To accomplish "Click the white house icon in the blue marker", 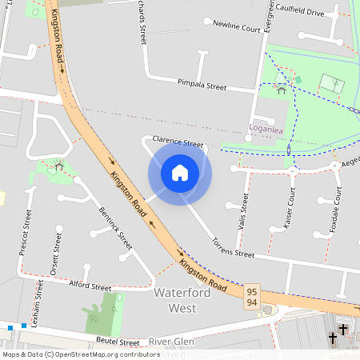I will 180,172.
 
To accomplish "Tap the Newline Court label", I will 237,26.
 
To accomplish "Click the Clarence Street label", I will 178,141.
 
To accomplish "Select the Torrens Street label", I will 232,247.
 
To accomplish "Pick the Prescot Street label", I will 24,233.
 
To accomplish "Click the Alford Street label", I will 90,286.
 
